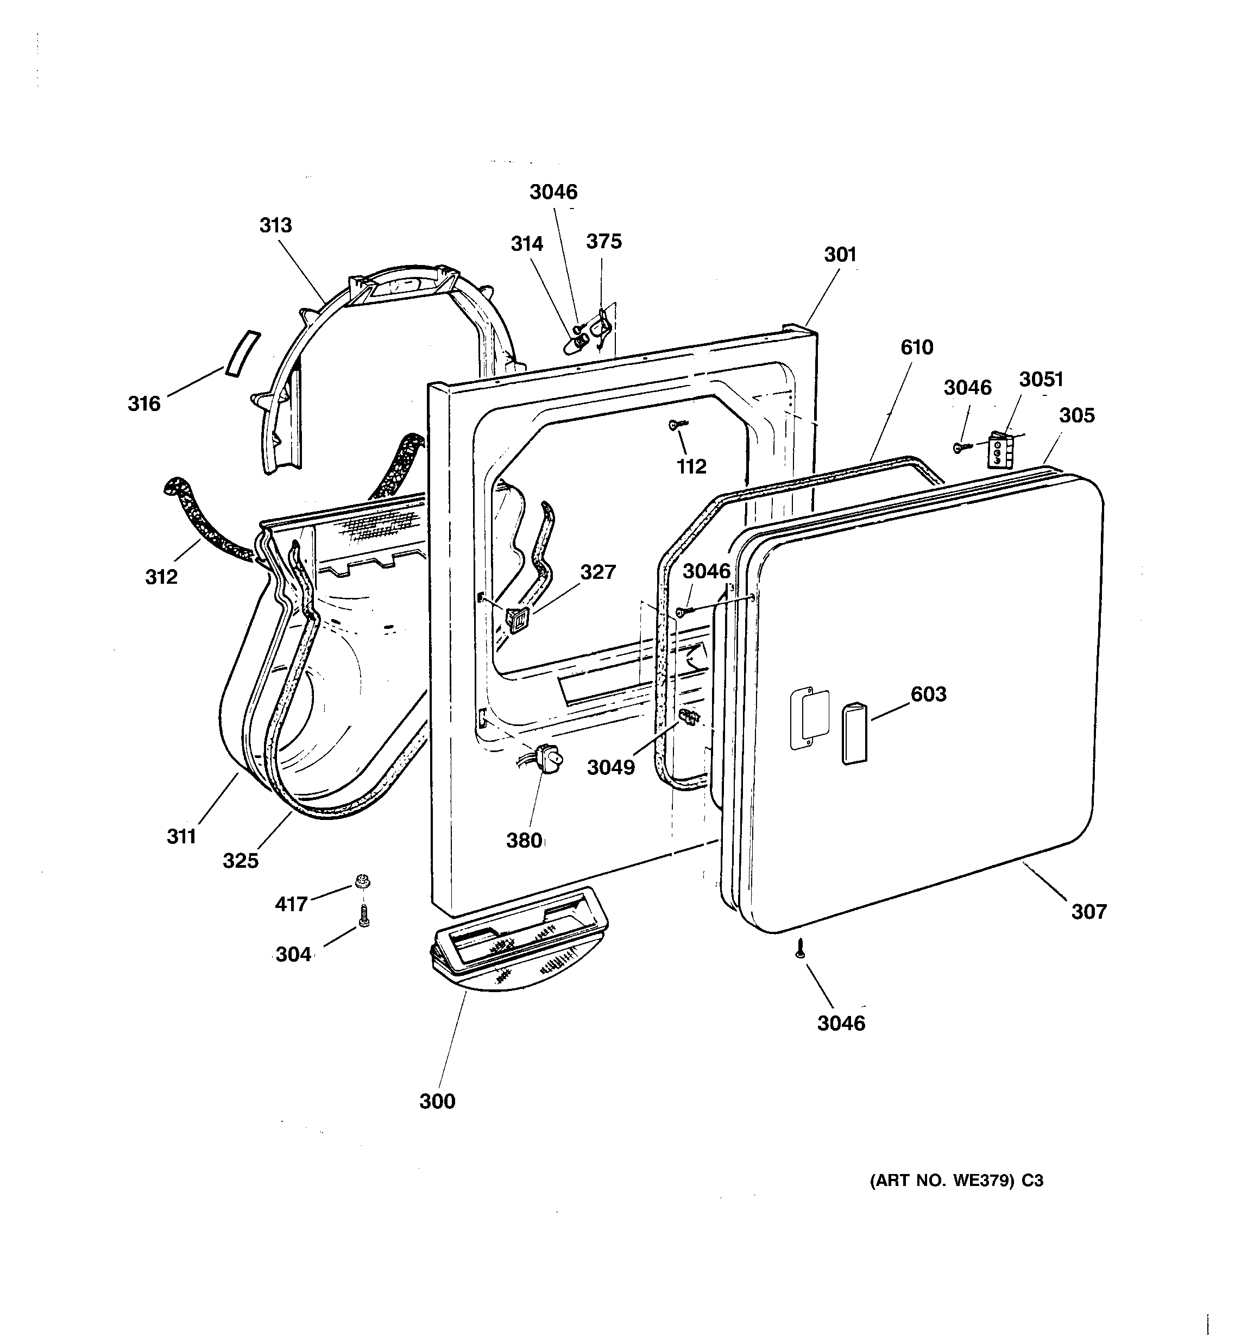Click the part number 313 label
[x=275, y=225]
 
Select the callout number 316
[x=144, y=403]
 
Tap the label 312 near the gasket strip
[x=161, y=577]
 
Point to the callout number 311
[x=181, y=836]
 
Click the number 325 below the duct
[x=241, y=861]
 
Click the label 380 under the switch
[x=524, y=840]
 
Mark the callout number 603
[x=928, y=693]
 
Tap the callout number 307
[x=1088, y=911]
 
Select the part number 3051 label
[x=1041, y=379]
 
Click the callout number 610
[x=916, y=348]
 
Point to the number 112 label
[x=691, y=466]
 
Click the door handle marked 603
[x=854, y=733]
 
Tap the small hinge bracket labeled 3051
[x=999, y=450]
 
